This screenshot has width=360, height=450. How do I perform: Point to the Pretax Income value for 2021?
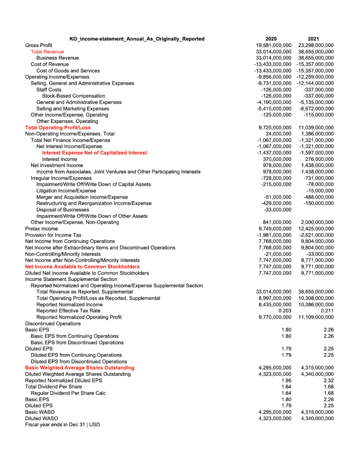coord(316,229)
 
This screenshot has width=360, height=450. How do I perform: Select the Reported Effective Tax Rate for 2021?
coord(327,311)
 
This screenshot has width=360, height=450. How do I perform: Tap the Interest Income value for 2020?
coord(276,159)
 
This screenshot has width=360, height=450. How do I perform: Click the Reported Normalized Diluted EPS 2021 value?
coord(327,380)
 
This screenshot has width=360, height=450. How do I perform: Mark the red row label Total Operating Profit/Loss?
coord(58,127)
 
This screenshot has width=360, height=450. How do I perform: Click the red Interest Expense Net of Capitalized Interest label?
coord(95,152)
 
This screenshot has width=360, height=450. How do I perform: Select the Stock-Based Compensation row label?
coord(73,96)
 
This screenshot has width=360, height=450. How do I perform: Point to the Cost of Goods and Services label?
coord(68,70)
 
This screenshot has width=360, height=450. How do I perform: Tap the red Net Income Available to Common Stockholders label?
coord(82,266)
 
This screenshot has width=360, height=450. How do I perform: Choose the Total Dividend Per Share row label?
coord(53,387)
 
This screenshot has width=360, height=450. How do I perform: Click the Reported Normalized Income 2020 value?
coord(273,305)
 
